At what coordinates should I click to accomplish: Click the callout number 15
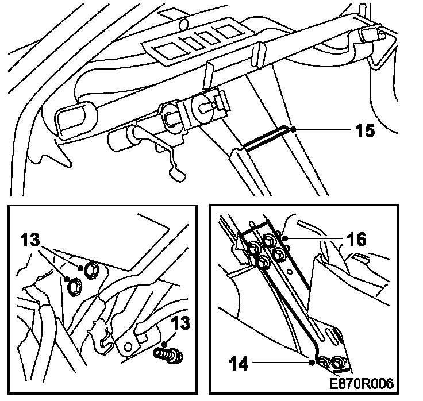tap(363, 130)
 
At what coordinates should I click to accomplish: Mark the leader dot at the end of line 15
tap(293, 130)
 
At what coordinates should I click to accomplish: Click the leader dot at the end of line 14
tap(312, 362)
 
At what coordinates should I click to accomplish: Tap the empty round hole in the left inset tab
tap(128, 345)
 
